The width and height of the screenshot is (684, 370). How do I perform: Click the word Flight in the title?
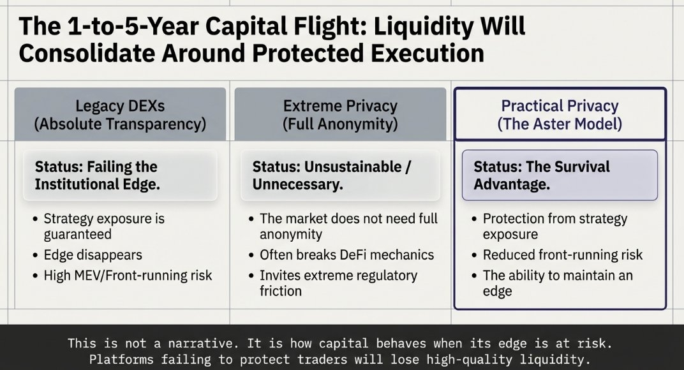(317, 26)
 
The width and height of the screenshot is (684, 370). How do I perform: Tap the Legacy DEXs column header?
(120, 114)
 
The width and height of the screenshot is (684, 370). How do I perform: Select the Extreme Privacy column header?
(340, 114)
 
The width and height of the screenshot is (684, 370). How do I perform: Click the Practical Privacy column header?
(560, 114)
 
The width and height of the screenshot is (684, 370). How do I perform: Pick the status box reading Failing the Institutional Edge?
(120, 175)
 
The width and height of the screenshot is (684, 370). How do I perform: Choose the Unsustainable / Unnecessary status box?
(340, 175)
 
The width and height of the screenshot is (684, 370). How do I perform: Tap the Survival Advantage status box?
(560, 175)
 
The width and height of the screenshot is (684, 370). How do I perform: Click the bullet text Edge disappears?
(93, 255)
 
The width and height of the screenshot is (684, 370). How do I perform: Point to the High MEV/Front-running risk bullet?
(128, 276)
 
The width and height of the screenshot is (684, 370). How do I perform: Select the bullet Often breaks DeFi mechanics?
(347, 255)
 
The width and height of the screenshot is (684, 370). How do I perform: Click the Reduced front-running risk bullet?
(563, 255)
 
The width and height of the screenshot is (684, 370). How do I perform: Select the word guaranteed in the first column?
(78, 234)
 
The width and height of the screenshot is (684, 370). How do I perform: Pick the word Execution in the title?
(427, 53)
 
